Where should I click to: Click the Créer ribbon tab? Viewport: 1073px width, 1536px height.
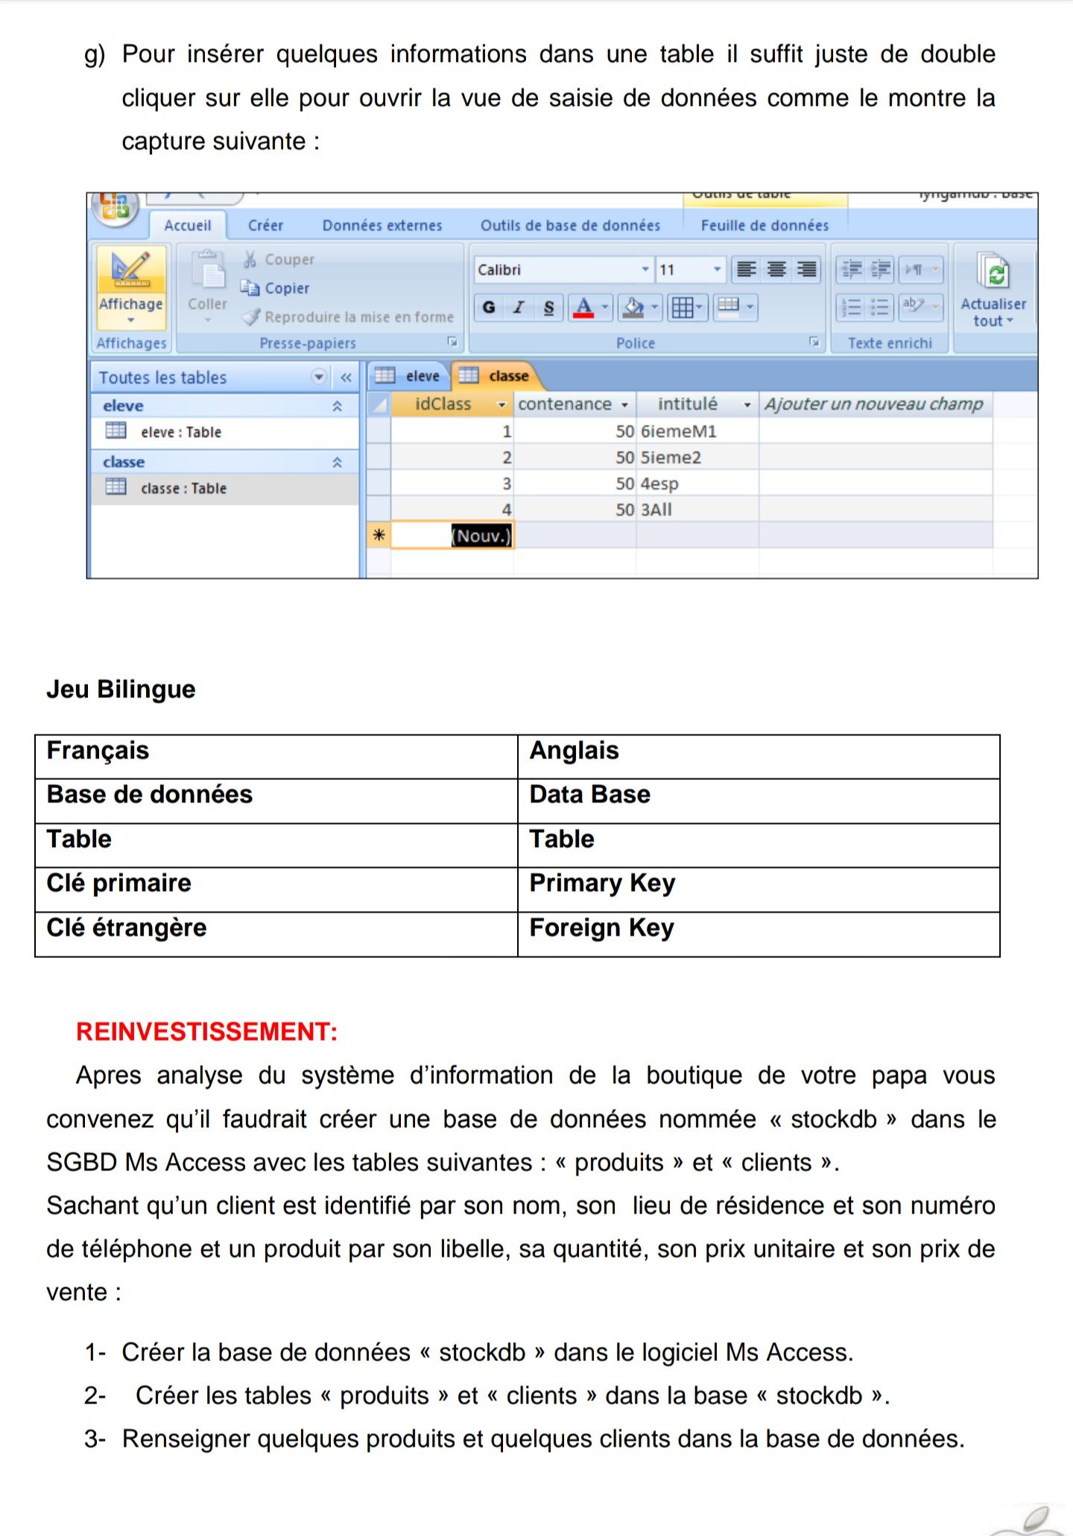265,225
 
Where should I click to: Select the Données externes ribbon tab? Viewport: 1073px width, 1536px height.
382,225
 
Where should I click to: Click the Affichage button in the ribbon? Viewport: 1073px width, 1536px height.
130,286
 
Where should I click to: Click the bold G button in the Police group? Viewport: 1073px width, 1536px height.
489,307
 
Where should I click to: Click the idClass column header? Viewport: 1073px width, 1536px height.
443,404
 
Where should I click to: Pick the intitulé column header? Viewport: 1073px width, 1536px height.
687,404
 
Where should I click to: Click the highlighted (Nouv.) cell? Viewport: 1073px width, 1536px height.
481,536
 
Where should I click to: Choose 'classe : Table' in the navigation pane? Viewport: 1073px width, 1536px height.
183,489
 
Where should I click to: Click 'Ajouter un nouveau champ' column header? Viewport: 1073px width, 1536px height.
873,404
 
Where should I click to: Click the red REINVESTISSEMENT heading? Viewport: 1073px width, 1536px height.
207,1032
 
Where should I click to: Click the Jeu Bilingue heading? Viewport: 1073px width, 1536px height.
121,690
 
